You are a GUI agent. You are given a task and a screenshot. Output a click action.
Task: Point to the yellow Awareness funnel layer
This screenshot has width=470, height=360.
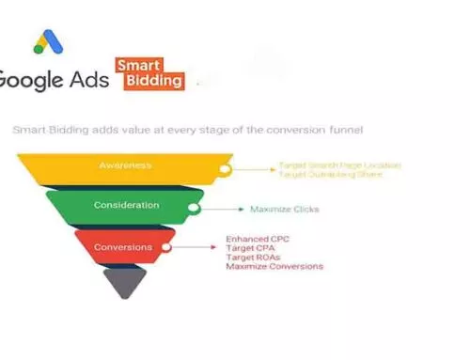pos(124,166)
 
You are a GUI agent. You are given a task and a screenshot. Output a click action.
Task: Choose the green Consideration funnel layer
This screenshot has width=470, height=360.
pos(124,205)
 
